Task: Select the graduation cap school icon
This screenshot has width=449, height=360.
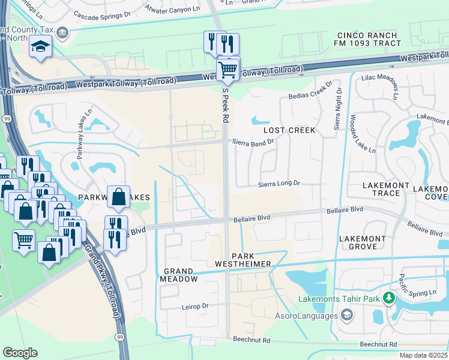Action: (40, 47)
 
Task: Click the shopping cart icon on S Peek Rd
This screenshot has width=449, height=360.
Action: (228, 70)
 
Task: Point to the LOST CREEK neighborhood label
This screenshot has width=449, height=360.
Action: (289, 130)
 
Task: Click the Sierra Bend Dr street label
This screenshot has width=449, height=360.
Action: (254, 142)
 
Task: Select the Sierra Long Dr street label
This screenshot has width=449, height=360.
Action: (279, 184)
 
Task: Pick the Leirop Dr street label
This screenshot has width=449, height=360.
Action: (194, 306)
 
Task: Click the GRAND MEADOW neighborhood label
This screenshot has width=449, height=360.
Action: (179, 275)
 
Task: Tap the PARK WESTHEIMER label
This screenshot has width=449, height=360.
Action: (244, 259)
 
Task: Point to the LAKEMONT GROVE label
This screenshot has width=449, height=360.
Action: (363, 242)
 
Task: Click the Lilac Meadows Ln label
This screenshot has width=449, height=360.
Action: (379, 87)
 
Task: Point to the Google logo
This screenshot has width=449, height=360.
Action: (20, 353)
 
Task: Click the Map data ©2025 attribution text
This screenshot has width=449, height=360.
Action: (423, 355)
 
